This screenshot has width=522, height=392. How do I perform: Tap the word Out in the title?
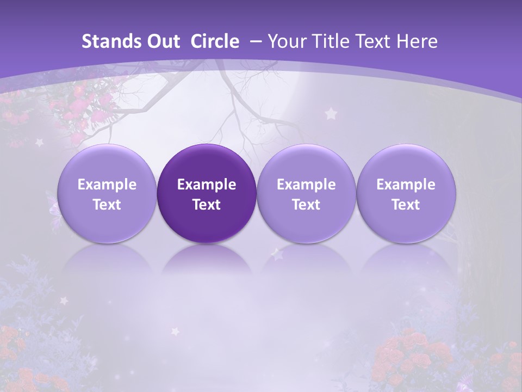(x=161, y=41)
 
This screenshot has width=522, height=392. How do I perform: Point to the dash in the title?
(x=253, y=41)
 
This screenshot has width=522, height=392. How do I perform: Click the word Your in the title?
(x=286, y=41)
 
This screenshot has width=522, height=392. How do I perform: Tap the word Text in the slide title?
(x=378, y=41)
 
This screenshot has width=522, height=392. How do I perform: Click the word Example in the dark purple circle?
(x=207, y=185)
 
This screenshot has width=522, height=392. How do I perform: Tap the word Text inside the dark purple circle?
(x=207, y=205)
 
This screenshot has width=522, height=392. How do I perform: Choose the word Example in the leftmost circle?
(x=107, y=185)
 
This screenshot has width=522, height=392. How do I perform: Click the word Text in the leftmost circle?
(x=107, y=205)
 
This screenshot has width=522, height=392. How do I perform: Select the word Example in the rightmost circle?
(x=406, y=185)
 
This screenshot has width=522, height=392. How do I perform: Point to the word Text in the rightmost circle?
(x=406, y=205)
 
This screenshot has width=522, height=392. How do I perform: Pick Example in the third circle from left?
(x=306, y=185)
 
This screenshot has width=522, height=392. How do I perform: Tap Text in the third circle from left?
(x=306, y=205)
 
